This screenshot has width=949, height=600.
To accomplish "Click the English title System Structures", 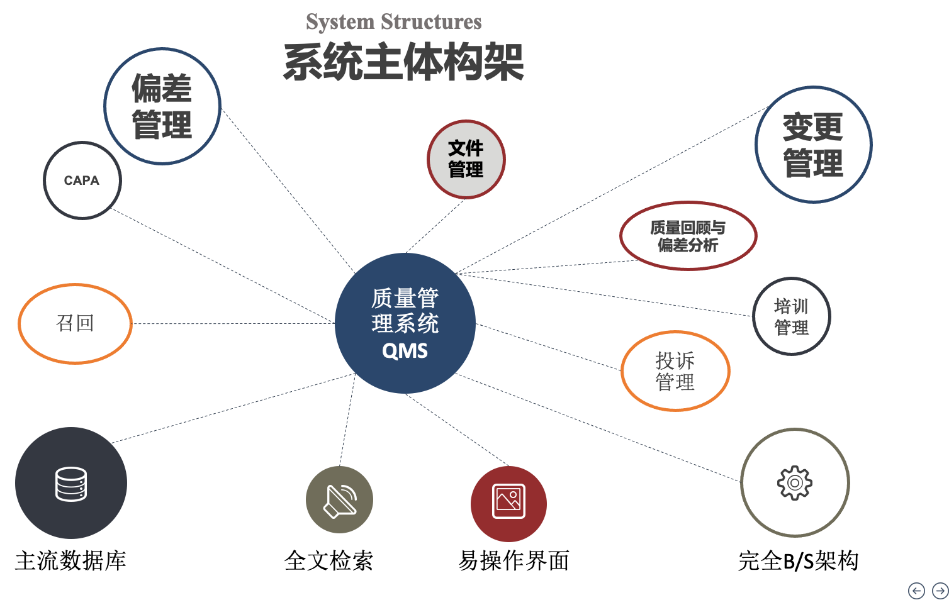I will tap(393, 22).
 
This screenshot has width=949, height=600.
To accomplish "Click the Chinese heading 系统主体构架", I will tap(403, 62).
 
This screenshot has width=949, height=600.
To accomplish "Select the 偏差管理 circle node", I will tap(162, 106).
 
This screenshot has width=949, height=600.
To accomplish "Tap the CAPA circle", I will tap(82, 181).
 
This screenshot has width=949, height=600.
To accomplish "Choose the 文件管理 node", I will tap(466, 159).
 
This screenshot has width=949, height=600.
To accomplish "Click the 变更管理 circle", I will tap(813, 145).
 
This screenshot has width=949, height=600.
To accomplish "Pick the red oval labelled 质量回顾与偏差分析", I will tap(688, 236).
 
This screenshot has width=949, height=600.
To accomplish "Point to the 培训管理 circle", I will tap(791, 316).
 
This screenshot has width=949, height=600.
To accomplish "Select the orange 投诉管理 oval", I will tap(675, 371).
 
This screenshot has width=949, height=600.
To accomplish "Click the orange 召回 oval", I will tap(75, 323).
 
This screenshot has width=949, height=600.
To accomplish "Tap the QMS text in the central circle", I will tap(405, 351).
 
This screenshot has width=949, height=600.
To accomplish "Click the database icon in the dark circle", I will tap(71, 484).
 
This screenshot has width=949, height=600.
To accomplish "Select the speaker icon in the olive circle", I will tap(340, 501).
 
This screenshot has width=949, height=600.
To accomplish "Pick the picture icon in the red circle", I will tap(508, 502).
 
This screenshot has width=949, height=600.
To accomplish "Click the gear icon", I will tap(795, 483).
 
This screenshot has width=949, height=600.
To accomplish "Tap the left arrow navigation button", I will tap(916, 591).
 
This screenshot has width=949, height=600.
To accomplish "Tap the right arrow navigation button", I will tap(940, 591).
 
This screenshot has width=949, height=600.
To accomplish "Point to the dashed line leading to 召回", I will tap(233, 324).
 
